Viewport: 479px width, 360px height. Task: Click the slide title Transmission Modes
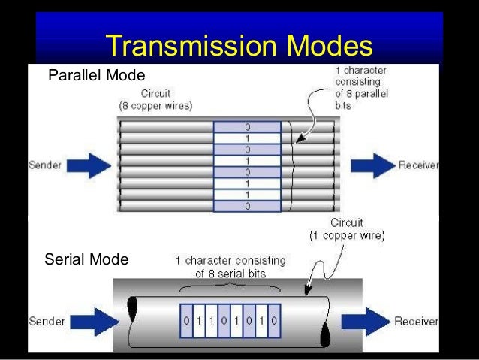point(239,46)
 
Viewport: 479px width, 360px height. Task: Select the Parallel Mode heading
point(96,76)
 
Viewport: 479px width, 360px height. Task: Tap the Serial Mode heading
point(86,260)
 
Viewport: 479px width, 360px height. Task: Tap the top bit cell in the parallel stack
point(247,128)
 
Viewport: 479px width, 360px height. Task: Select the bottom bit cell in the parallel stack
point(247,205)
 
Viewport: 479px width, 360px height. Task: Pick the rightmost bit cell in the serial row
point(274,321)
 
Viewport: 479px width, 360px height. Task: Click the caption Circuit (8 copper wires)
point(154,101)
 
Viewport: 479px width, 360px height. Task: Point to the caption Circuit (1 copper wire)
point(347,230)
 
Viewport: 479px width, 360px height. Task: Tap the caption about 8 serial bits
point(230,267)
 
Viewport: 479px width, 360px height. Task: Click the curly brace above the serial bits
point(230,287)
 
